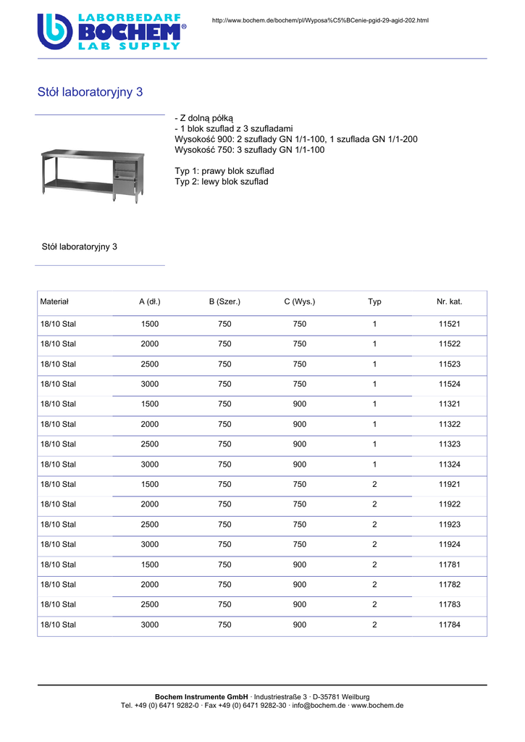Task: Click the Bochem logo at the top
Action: pos(112,31)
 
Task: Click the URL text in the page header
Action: pos(319,20)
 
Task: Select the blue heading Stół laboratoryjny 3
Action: pos(90,92)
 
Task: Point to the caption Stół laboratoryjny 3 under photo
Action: pos(80,247)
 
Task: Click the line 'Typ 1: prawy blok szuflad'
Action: pos(224,171)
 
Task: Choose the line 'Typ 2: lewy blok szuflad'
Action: pos(221,181)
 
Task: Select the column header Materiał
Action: pos(54,301)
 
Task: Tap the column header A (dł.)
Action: pos(150,301)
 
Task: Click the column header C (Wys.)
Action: pos(299,301)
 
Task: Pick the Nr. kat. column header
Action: pos(449,301)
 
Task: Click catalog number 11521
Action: pos(449,324)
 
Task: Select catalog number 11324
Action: pos(449,464)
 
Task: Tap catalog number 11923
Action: pos(449,525)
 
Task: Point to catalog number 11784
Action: pos(449,625)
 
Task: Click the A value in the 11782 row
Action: pos(150,585)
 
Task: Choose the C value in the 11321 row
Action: pos(299,404)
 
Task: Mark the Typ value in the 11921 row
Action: pos(374,485)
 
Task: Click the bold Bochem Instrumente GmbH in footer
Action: pos(201,696)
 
